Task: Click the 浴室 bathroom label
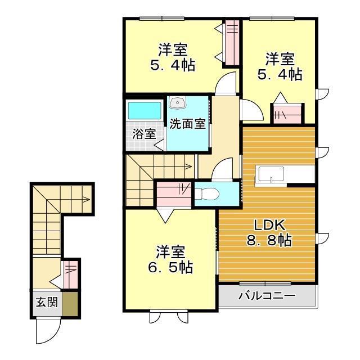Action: click(x=144, y=134)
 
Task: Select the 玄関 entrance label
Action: click(x=47, y=302)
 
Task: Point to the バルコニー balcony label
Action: click(x=267, y=295)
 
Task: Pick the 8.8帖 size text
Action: click(x=268, y=241)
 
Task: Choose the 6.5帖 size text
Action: click(x=171, y=267)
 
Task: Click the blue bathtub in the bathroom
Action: click(x=144, y=110)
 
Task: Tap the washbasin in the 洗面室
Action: click(x=178, y=102)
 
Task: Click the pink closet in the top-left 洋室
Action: click(x=232, y=42)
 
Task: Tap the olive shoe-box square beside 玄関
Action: click(x=71, y=303)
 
